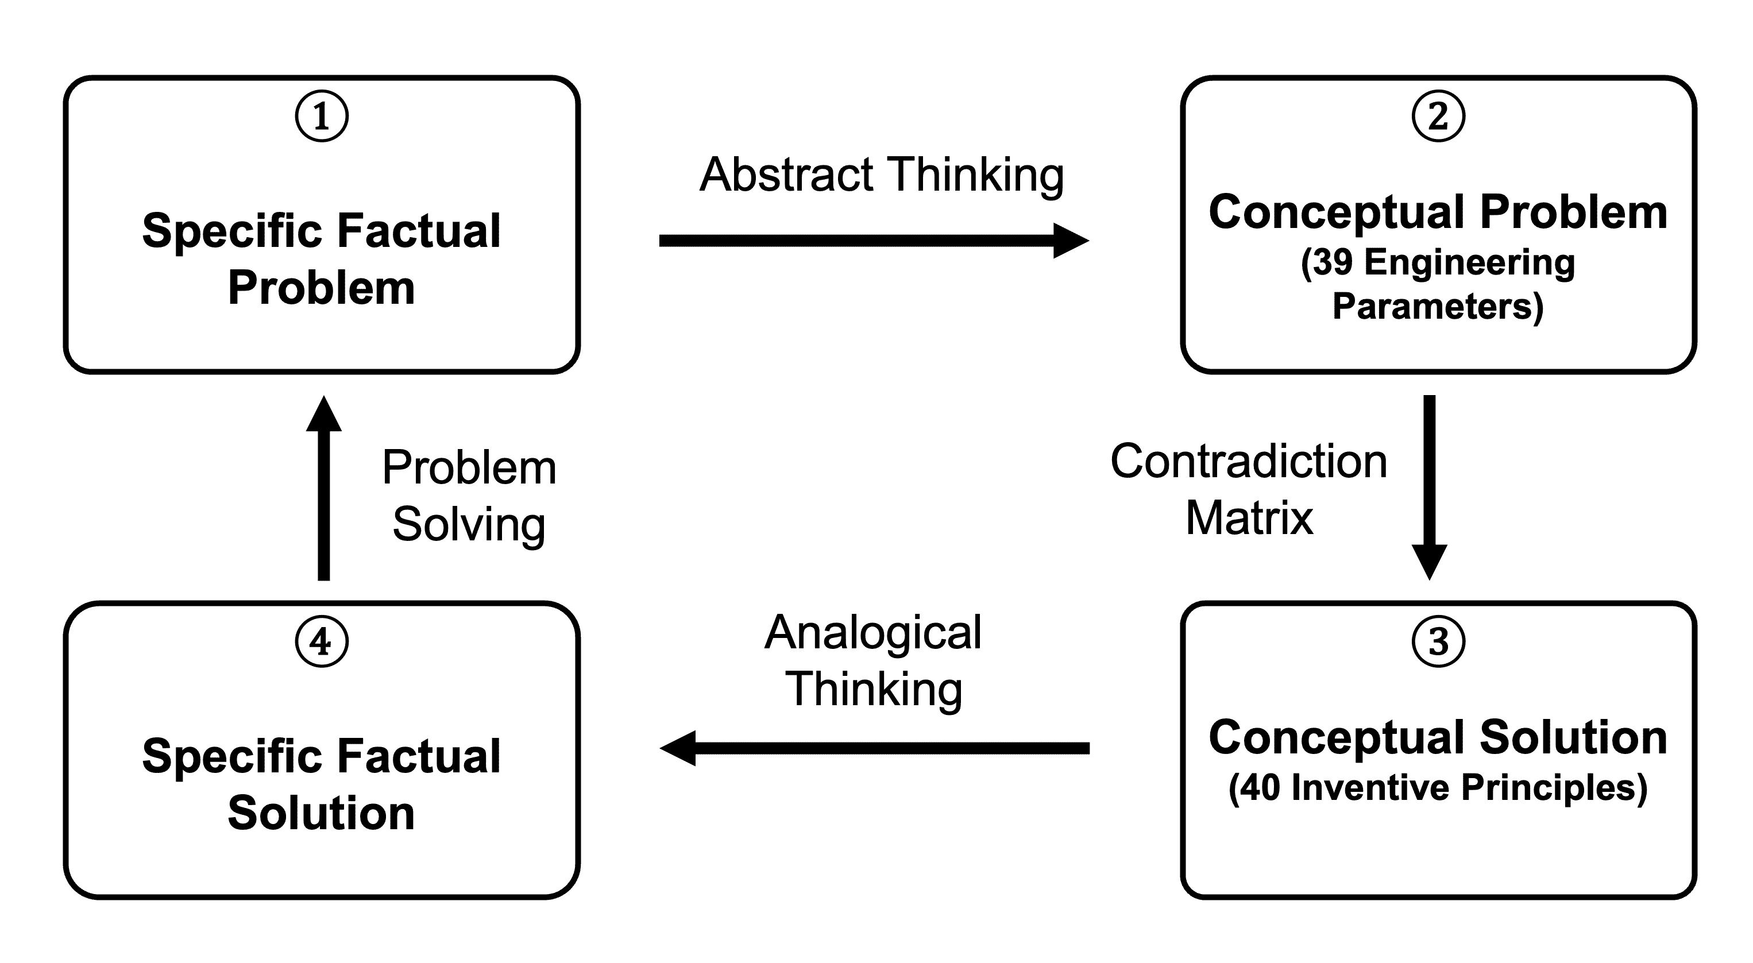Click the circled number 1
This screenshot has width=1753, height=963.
coord(321,115)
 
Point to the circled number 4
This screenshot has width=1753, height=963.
coord(321,641)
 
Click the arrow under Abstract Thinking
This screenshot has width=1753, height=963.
coord(874,240)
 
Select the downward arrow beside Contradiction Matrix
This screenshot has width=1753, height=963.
coord(1429,488)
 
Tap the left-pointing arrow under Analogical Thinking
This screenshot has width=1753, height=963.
coord(874,748)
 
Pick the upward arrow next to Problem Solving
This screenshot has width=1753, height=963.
coord(324,488)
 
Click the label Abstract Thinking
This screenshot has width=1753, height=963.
coord(882,175)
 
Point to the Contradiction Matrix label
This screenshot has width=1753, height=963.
coord(1249,489)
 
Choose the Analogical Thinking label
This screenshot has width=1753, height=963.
coord(873,661)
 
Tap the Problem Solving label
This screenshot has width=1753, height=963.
coord(469,496)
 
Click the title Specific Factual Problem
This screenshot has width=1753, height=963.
coord(321,258)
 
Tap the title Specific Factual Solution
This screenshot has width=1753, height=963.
coord(321,784)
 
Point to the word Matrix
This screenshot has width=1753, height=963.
coord(1249,519)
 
